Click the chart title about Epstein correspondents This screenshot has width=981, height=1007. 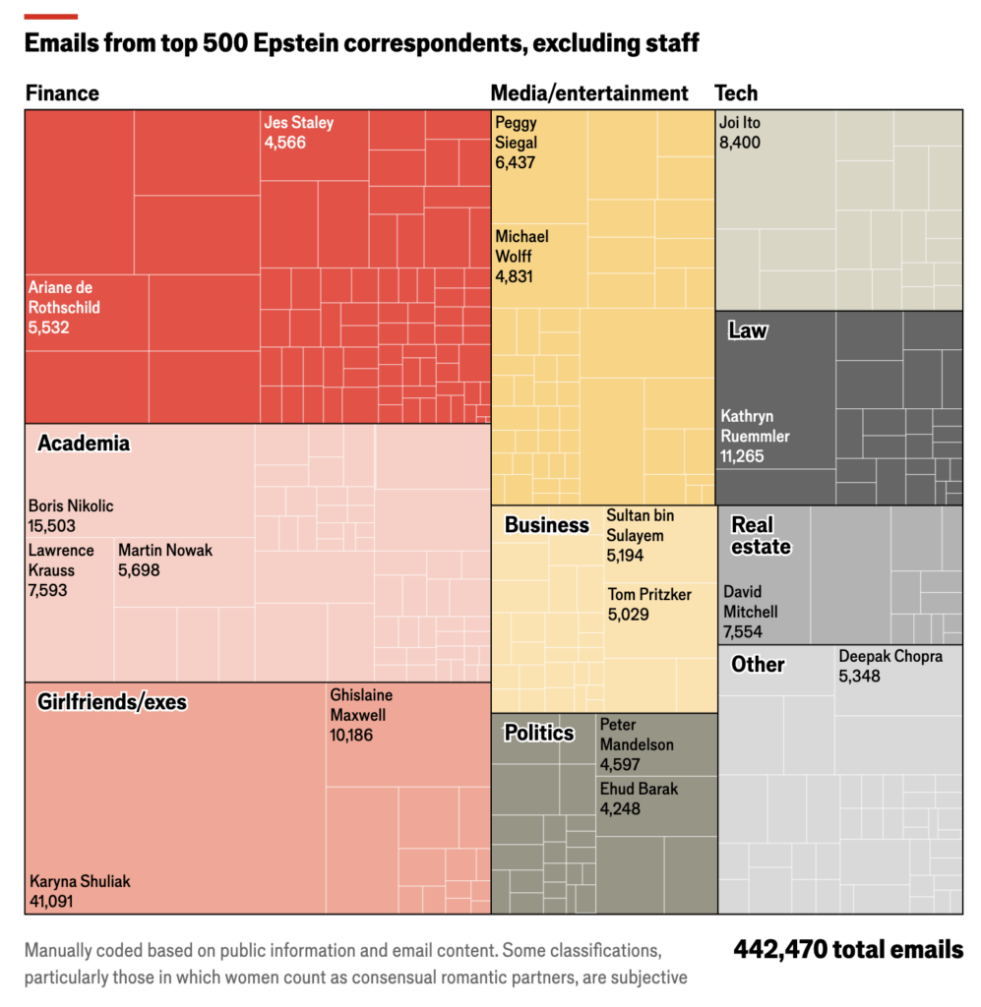[361, 43]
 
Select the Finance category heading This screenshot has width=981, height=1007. [62, 93]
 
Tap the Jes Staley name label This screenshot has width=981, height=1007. [298, 123]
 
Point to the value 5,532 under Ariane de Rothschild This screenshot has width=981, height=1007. [49, 326]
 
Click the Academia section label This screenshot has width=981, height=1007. [84, 444]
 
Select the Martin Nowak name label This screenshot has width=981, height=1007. [164, 550]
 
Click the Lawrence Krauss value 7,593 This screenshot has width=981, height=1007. [48, 590]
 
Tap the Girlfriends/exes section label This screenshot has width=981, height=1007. [112, 702]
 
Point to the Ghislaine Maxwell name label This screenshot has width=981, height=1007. [362, 704]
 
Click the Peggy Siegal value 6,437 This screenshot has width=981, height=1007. [516, 162]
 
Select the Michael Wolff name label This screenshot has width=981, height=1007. [521, 246]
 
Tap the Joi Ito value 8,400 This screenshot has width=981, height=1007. [740, 143]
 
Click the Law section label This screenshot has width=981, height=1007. [747, 330]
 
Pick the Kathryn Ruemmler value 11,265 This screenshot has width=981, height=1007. [743, 456]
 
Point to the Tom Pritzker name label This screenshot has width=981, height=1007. [649, 595]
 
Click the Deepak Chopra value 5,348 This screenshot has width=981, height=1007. [859, 676]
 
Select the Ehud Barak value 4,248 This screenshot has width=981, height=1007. [620, 808]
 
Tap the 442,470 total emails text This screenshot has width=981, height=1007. [847, 950]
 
